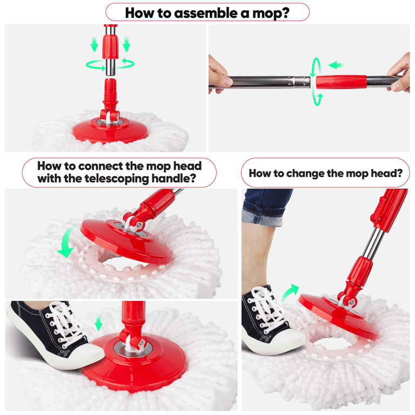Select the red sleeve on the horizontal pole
tap(340, 82)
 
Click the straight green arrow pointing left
tap(337, 65)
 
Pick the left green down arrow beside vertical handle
tap(94, 44)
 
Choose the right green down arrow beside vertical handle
tap(126, 44)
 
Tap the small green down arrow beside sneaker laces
tap(98, 324)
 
